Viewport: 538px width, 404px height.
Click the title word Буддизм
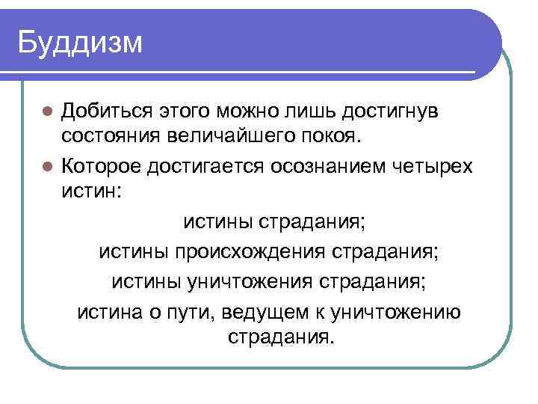[80, 42]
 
